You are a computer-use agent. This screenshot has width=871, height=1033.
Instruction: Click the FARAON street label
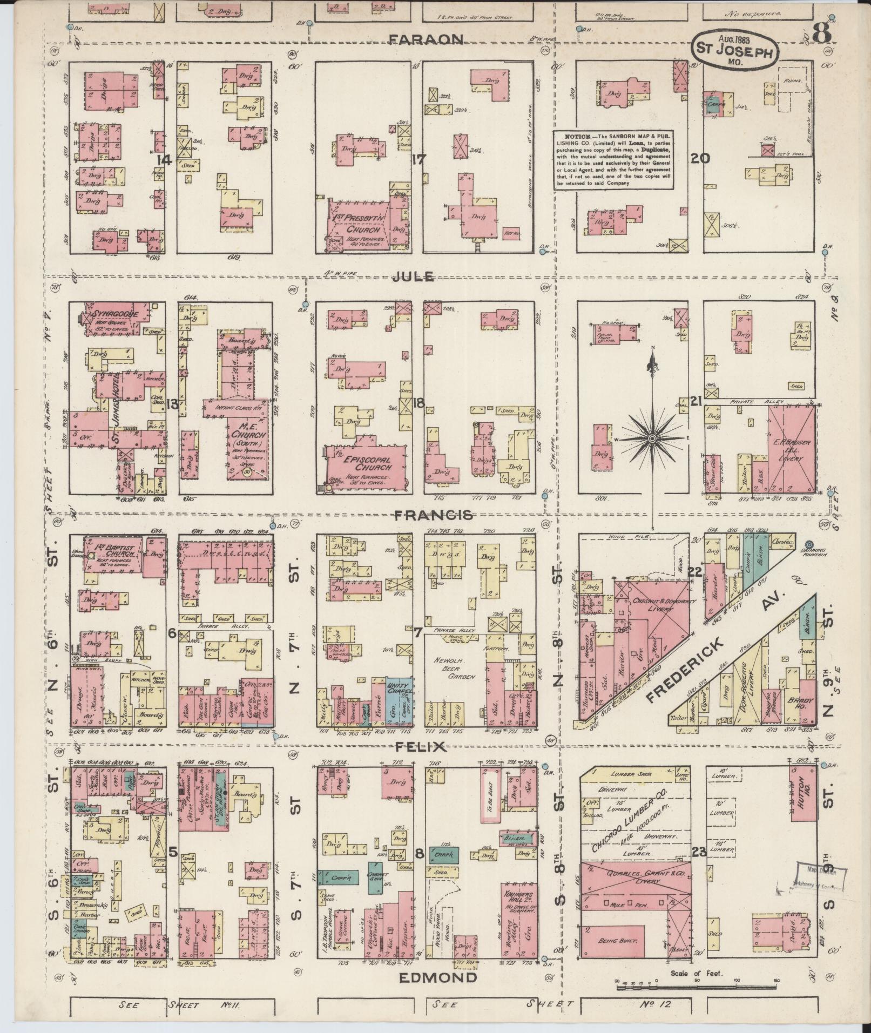pyautogui.click(x=426, y=39)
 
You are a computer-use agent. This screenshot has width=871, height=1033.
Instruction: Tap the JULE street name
pyautogui.click(x=413, y=276)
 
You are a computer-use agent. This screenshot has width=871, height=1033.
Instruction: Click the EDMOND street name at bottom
pyautogui.click(x=438, y=977)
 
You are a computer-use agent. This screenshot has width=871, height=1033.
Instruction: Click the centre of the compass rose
pyautogui.click(x=652, y=438)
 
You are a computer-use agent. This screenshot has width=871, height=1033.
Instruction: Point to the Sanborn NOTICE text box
pyautogui.click(x=613, y=159)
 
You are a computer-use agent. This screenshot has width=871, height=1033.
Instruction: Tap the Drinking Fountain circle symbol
pyautogui.click(x=809, y=544)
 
